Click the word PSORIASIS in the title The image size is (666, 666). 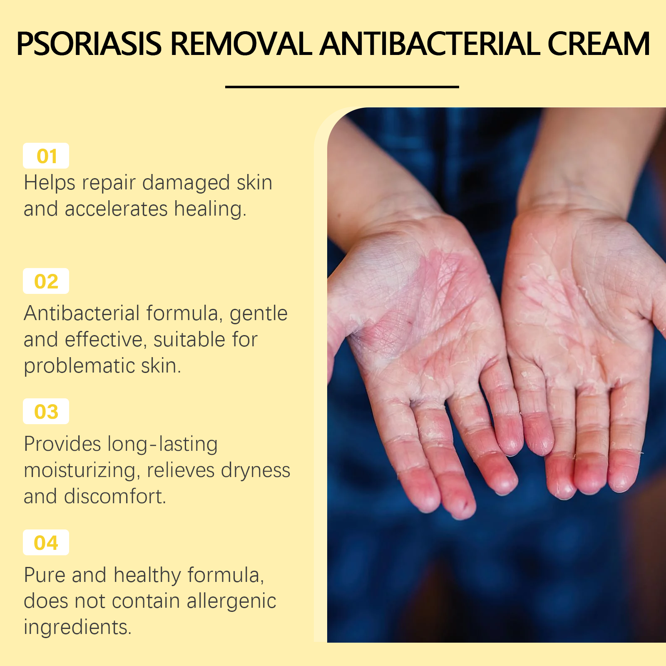[x=89, y=44]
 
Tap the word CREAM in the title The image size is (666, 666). [x=599, y=44]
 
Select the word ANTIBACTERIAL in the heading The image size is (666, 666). [x=430, y=44]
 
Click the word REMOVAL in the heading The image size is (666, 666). [x=241, y=44]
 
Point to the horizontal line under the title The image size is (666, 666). [x=342, y=87]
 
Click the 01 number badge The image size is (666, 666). [x=46, y=156]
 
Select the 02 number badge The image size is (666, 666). [x=46, y=281]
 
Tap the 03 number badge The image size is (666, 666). [x=46, y=411]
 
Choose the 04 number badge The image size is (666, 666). [x=46, y=542]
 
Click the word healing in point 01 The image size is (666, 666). [x=210, y=209]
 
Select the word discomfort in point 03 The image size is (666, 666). [x=115, y=496]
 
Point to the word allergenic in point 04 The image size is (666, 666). [x=231, y=601]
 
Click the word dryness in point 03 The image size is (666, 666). [x=256, y=471]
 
